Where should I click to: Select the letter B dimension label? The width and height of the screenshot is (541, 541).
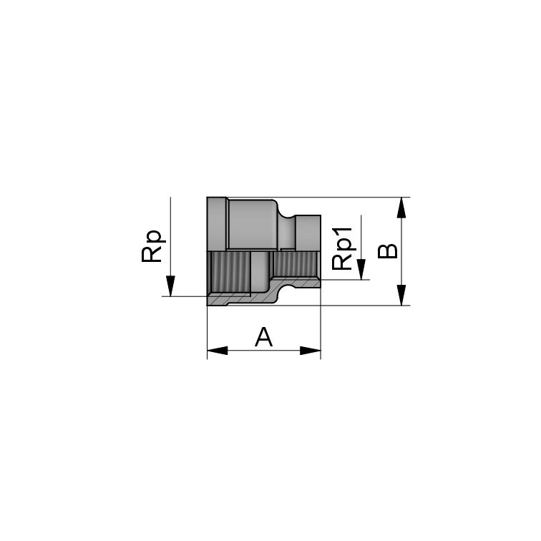click(386, 251)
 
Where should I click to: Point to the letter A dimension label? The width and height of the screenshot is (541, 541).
click(264, 336)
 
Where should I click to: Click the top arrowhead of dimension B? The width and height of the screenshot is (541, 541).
click(402, 208)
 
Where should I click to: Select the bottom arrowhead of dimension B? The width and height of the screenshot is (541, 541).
click(402, 296)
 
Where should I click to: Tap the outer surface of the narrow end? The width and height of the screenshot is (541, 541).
click(308, 233)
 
